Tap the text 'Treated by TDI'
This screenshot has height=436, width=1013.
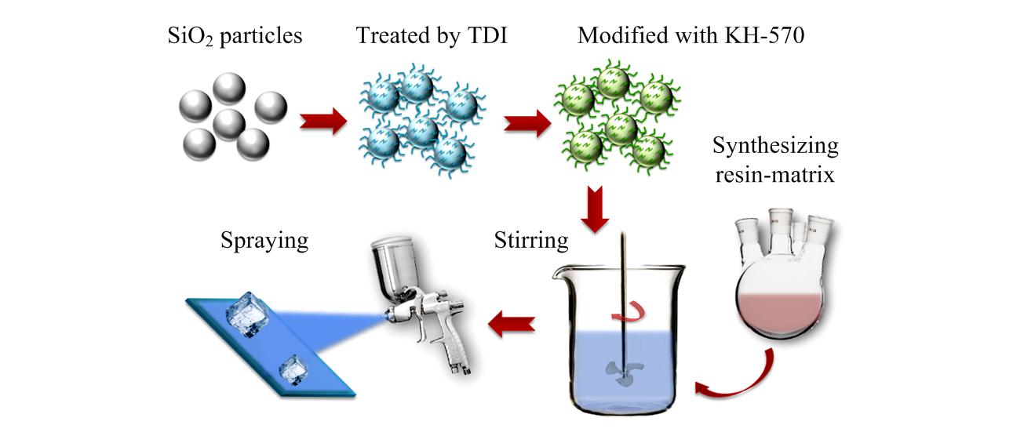(432, 36)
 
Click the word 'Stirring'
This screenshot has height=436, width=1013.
(531, 240)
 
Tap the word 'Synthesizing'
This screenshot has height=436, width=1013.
(776, 146)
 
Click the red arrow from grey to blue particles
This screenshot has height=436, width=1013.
(322, 122)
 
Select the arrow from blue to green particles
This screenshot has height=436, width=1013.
(526, 122)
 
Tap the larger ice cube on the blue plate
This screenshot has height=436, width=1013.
(249, 315)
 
